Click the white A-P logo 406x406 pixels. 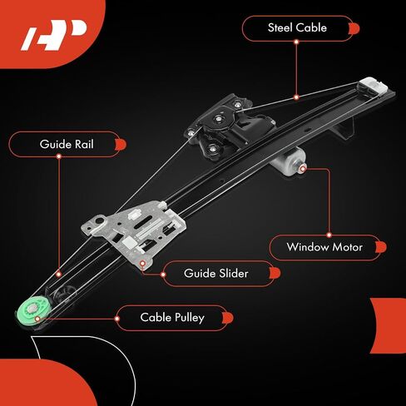click(54, 35)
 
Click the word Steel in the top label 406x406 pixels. click(280, 27)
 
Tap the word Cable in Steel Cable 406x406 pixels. click(311, 27)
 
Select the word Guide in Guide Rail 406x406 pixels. click(56, 144)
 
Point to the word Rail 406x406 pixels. click(84, 144)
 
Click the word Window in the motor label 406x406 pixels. click(308, 247)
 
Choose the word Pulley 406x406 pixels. click(188, 318)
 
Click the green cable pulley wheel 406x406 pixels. click(33, 310)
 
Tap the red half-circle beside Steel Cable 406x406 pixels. click(354, 28)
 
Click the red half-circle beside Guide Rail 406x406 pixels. click(121, 145)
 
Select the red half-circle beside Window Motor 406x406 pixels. click(381, 247)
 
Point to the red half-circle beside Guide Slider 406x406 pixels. click(275, 273)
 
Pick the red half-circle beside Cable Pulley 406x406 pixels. click(228, 318)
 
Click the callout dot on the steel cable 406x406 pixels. click(296, 97)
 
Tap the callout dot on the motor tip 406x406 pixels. click(303, 169)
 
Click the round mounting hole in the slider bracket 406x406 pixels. click(97, 221)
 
